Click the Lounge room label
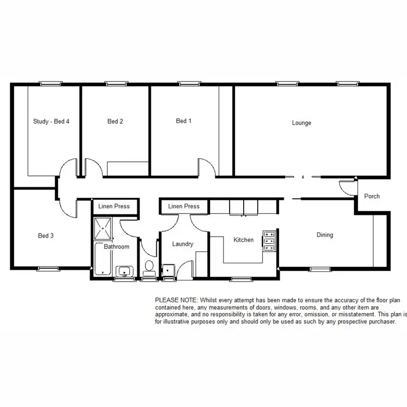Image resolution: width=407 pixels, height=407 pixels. (302, 123)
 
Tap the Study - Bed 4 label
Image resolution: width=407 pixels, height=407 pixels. (51, 122)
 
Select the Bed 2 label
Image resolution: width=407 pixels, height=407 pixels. (115, 122)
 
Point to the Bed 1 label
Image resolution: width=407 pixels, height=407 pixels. (184, 121)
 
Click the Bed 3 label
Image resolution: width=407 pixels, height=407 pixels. (46, 236)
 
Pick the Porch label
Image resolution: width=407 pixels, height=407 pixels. (372, 196)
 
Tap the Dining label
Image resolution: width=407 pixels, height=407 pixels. (325, 236)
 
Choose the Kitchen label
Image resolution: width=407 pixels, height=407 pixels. (244, 240)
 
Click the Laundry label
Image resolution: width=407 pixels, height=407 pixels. (183, 244)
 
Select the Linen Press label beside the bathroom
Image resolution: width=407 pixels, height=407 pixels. (115, 207)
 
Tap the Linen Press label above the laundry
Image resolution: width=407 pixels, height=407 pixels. (183, 207)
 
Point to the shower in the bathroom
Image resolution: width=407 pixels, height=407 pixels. (104, 228)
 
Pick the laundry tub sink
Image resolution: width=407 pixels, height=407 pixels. (168, 269)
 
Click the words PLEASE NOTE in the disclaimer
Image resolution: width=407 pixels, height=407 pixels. (176, 300)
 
